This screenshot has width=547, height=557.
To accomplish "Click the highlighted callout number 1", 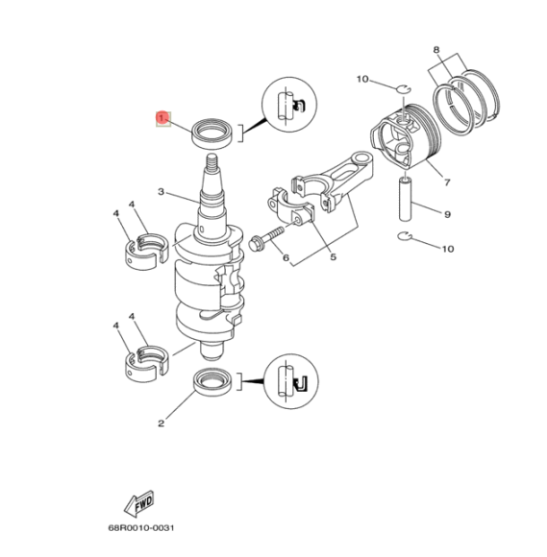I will point(162,118).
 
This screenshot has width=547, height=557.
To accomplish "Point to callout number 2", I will point(162,421).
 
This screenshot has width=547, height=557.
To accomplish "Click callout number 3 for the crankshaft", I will point(163,192).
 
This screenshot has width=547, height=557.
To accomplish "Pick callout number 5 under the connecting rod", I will point(333,257).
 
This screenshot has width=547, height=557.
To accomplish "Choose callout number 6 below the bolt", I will point(286,257).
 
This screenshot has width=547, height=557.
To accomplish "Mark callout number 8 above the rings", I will point(436,49).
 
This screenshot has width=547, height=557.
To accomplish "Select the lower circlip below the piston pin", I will point(405,236).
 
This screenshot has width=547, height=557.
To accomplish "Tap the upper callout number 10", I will point(362,79).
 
